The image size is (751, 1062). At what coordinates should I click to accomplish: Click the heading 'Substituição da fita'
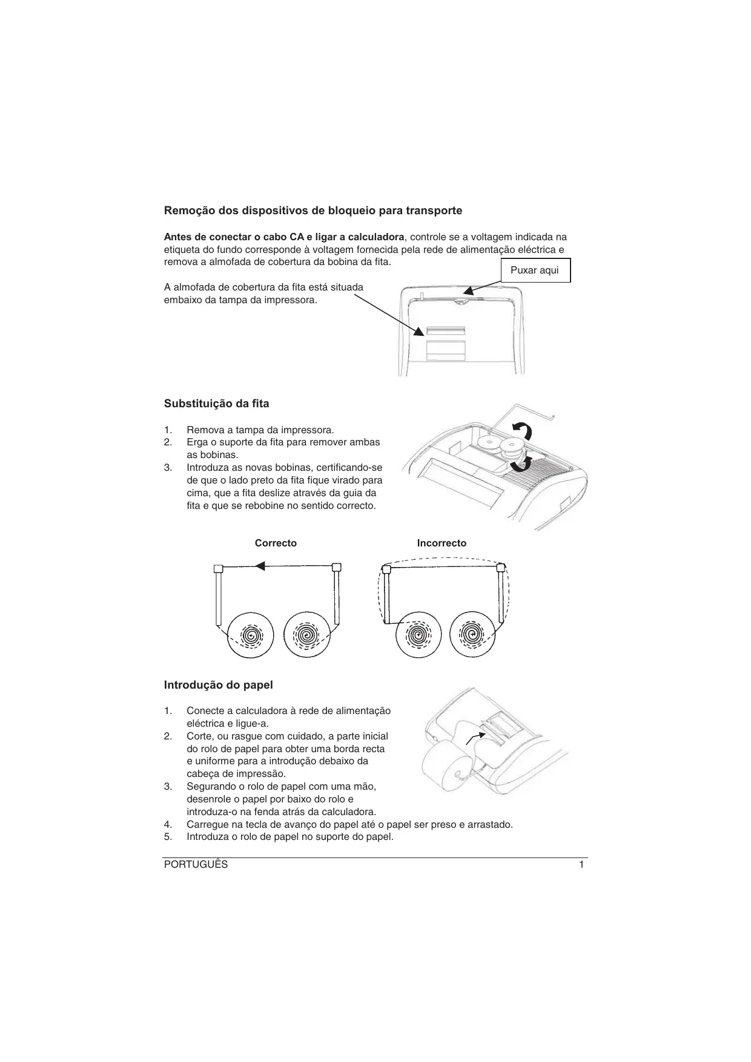(x=216, y=404)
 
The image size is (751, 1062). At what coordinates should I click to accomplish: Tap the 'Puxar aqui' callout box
(x=535, y=270)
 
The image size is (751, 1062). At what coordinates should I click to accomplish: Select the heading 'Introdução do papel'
(x=218, y=685)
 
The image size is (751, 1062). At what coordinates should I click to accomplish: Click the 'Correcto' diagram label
(x=276, y=543)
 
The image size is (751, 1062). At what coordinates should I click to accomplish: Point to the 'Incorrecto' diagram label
(x=442, y=543)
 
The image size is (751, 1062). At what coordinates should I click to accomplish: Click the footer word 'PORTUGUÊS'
(x=196, y=865)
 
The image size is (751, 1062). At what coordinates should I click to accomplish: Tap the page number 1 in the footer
(x=581, y=865)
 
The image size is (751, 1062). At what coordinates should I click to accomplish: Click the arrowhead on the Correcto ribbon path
(x=260, y=566)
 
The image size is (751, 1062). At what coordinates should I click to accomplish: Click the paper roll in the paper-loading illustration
(x=448, y=766)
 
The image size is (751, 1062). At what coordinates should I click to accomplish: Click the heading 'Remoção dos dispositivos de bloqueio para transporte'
(x=313, y=211)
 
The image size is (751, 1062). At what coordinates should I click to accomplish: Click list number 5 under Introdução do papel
(x=168, y=837)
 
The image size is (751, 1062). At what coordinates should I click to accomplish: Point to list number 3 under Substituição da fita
(x=168, y=468)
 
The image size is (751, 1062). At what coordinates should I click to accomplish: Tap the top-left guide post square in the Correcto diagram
(x=219, y=569)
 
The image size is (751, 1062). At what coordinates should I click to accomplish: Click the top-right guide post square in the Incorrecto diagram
(x=501, y=568)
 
